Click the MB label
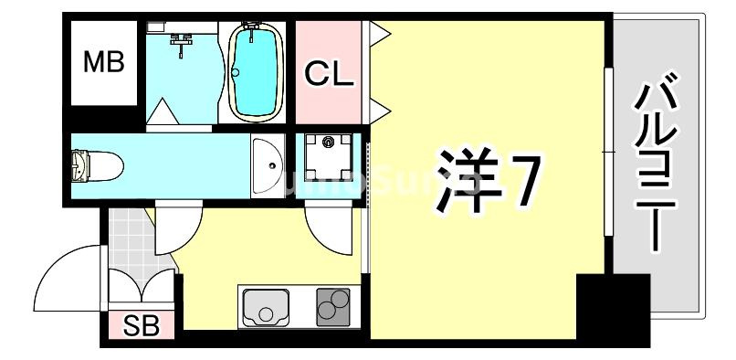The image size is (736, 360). point(103,63)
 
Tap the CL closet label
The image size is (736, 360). point(328,74)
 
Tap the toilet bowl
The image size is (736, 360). point(97,165)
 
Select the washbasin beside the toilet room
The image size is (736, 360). point(268,165)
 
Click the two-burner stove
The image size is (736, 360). point(334,306)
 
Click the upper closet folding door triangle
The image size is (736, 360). point(378,34)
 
